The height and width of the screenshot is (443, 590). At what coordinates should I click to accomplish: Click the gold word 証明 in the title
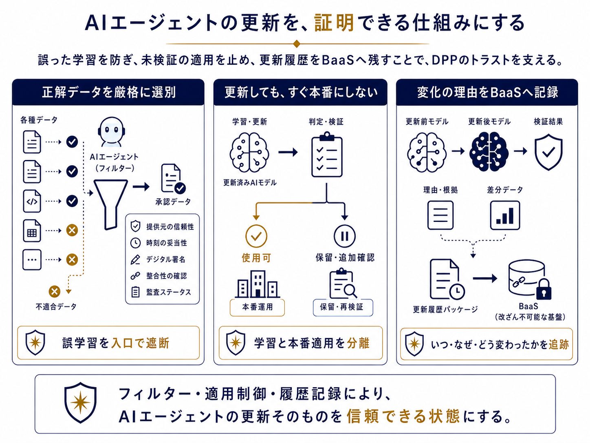(334, 23)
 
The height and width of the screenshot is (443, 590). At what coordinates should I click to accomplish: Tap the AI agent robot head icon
(111, 131)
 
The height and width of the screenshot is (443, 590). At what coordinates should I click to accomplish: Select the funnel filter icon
(110, 205)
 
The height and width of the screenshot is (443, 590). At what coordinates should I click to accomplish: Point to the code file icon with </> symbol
(32, 201)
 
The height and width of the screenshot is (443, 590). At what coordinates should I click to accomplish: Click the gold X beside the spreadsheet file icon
(72, 230)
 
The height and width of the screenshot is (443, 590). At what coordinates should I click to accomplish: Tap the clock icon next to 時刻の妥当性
(135, 243)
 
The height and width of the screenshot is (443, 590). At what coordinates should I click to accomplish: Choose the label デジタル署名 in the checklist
(165, 259)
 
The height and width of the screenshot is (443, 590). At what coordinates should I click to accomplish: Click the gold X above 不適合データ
(55, 291)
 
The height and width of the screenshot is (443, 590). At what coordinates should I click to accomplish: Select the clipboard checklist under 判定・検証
(327, 154)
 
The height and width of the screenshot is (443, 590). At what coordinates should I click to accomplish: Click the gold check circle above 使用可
(256, 236)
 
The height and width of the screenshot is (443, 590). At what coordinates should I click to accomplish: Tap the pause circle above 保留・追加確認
(345, 236)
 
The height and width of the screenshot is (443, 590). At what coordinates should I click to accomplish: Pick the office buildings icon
(258, 284)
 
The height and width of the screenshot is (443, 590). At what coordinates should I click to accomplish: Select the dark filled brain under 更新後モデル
(489, 152)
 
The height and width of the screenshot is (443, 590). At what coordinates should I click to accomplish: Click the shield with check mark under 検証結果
(548, 152)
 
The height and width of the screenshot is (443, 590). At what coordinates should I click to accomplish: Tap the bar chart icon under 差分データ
(505, 215)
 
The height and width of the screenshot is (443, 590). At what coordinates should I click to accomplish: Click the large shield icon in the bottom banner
(80, 403)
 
